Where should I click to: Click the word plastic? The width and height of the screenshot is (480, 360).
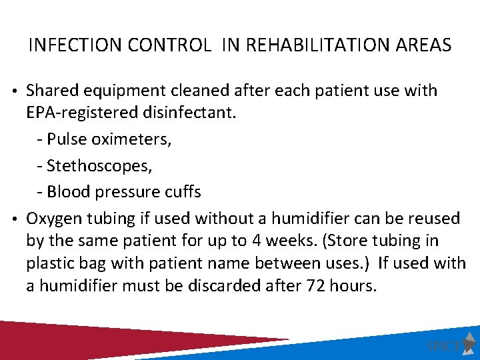click(x=49, y=263)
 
